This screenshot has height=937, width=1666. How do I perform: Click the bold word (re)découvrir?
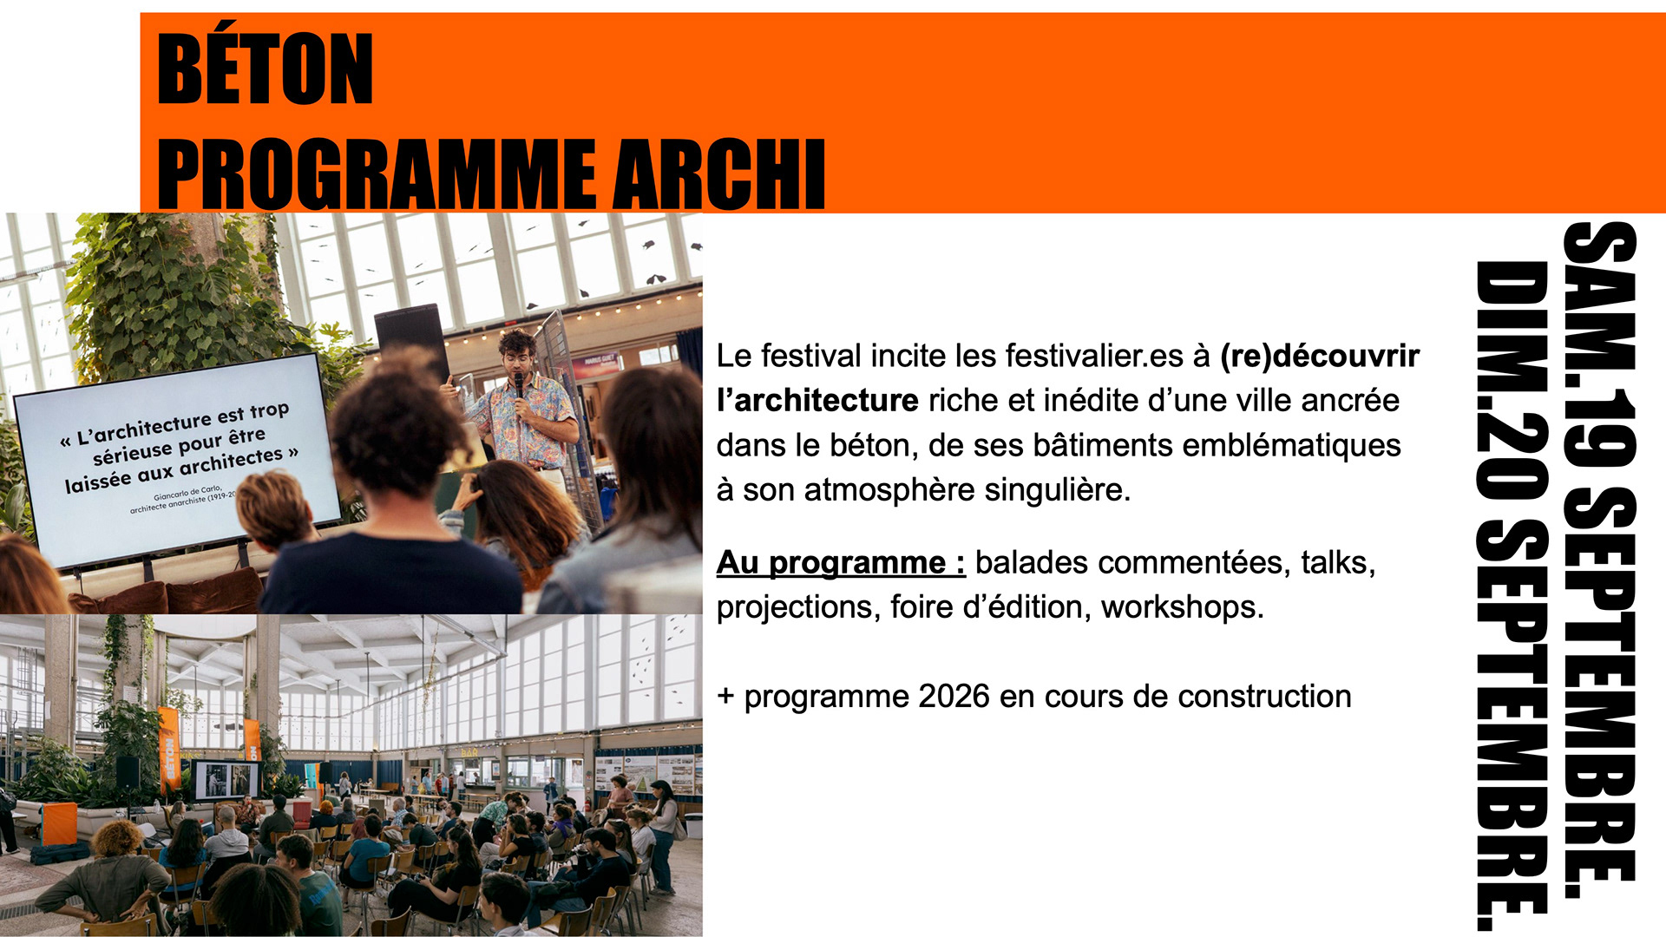pos(1320,357)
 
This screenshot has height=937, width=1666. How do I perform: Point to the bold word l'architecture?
pos(817,401)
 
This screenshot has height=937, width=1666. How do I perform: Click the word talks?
pos(1338,562)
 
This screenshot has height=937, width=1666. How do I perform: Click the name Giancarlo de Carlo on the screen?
pos(188,495)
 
